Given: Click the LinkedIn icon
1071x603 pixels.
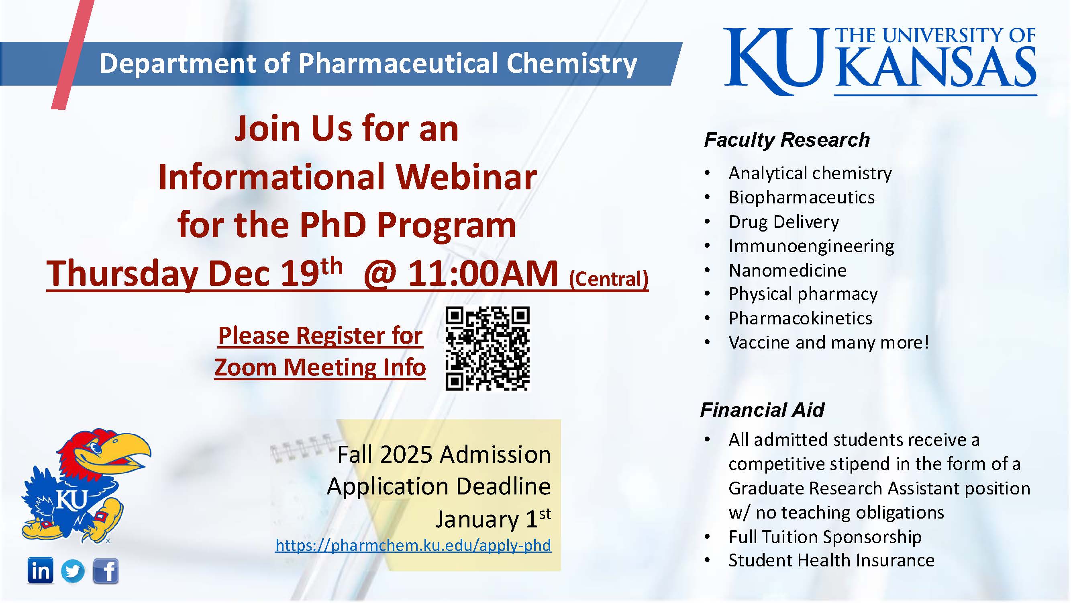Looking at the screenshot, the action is point(40,570).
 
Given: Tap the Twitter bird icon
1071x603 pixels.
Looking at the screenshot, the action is point(73,571).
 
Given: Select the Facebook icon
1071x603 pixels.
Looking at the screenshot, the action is point(105,571).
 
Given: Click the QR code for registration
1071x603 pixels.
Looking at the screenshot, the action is point(487,349).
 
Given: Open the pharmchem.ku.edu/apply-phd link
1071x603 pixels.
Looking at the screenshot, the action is point(413,545).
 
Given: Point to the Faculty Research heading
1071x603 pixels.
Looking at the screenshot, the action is point(787,140).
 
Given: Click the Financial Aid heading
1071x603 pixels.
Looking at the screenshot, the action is point(762,410).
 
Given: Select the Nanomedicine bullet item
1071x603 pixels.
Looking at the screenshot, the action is point(787,271).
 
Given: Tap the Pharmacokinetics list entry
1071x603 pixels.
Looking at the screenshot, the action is point(800,318).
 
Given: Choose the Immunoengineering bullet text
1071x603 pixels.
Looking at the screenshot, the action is point(811,246).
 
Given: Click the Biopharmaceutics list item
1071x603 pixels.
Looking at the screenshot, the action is point(802,197).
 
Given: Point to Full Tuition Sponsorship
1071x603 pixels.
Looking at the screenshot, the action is point(825,537).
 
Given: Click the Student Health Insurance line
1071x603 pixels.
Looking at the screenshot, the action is point(832,560).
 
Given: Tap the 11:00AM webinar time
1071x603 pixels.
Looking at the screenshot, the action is point(483,274).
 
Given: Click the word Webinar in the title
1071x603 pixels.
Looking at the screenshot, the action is point(466,177).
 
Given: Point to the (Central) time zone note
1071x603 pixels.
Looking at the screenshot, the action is point(609,279).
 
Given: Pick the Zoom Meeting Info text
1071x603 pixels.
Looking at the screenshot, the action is point(320,368).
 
